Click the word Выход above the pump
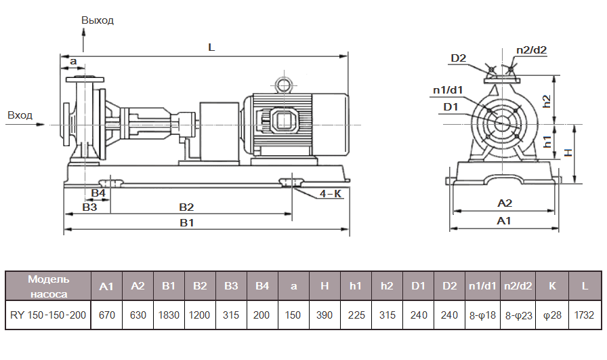coord(98,20)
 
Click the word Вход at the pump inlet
coord(20,115)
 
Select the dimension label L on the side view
coord(211,48)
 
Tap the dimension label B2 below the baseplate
coord(186,207)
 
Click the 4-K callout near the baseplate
coord(331,194)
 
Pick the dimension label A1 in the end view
coord(504,221)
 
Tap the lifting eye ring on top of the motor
coord(282,84)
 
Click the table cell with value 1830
coord(169,315)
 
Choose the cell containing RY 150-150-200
coord(48,315)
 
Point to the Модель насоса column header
coord(48,286)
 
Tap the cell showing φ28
coord(551,315)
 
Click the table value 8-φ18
coord(481,315)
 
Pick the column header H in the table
coord(325,286)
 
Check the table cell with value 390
coord(325,315)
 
